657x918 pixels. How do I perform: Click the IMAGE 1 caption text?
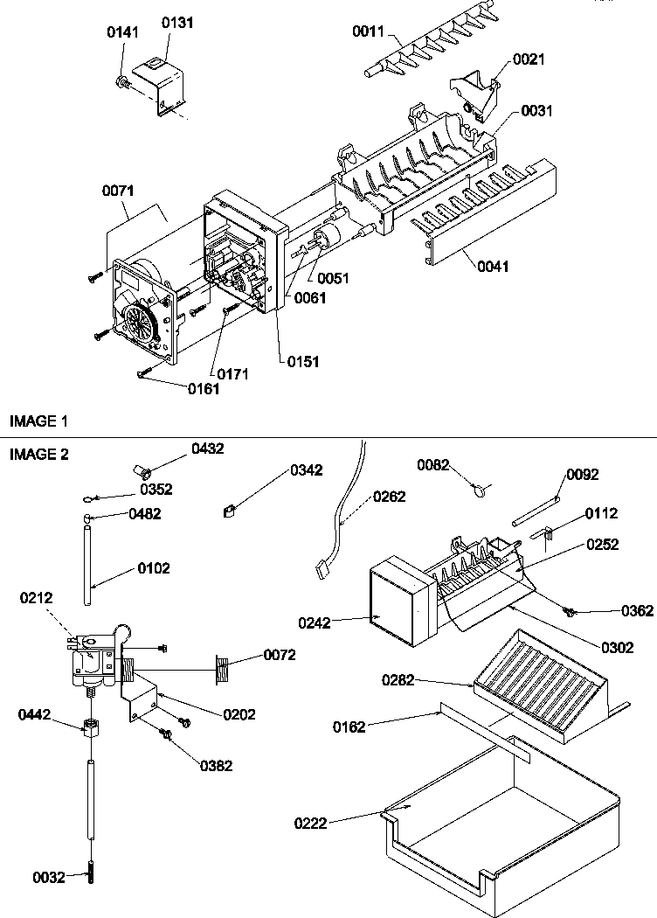38,421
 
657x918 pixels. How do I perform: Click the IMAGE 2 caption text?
38,454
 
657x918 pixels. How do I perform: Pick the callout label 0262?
389,497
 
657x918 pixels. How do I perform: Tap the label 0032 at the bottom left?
48,877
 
